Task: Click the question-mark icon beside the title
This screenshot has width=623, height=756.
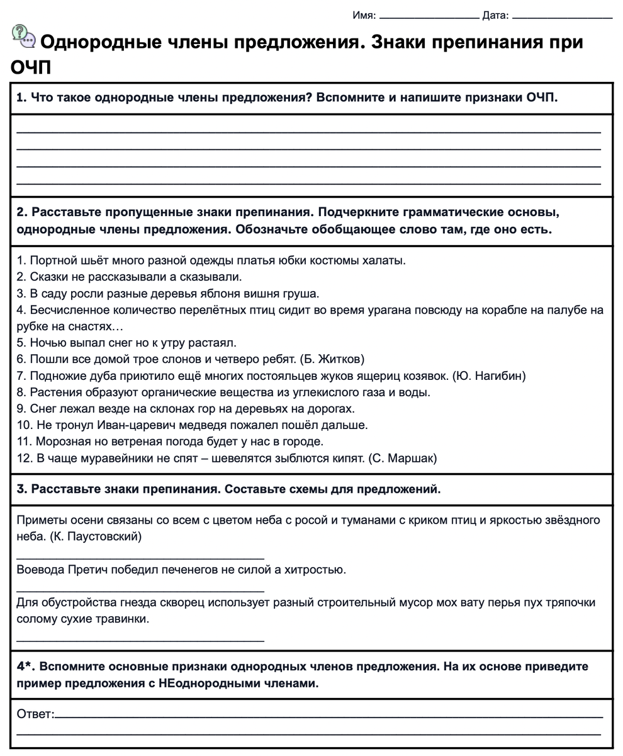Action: [x=24, y=37]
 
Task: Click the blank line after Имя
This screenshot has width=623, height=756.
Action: [x=429, y=17]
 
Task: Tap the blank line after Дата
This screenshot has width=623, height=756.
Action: [x=562, y=17]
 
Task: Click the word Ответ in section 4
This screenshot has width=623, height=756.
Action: [x=35, y=714]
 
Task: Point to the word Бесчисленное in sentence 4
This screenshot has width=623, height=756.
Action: [x=67, y=310]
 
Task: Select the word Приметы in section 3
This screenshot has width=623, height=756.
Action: [x=41, y=520]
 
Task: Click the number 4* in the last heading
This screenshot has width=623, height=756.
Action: [x=25, y=666]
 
